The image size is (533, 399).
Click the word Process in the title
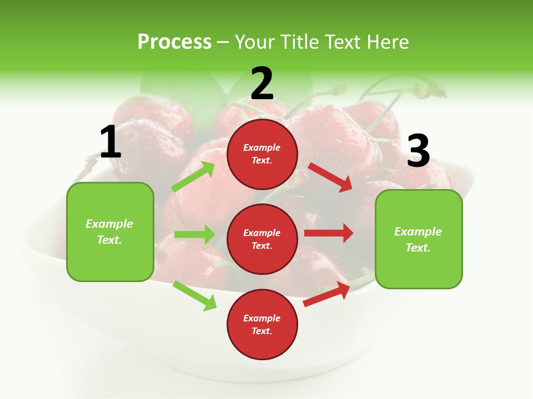coord(174,42)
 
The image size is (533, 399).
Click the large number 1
coord(110,142)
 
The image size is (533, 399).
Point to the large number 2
coord(262,83)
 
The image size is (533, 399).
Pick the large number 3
coord(418,151)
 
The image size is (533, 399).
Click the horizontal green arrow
coord(194,234)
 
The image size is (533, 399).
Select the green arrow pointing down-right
coord(194,295)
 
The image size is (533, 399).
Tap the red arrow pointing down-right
coord(331,177)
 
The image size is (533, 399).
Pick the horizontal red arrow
coord(329,233)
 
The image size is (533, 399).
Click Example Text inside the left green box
coord(109,232)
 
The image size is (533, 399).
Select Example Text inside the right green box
coord(418,239)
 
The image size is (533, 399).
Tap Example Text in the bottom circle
coord(262,324)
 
